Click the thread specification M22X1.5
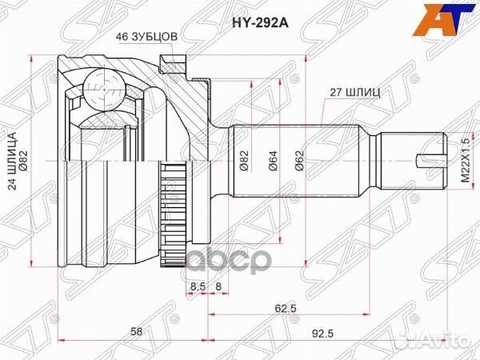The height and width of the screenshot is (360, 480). click(465, 161)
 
